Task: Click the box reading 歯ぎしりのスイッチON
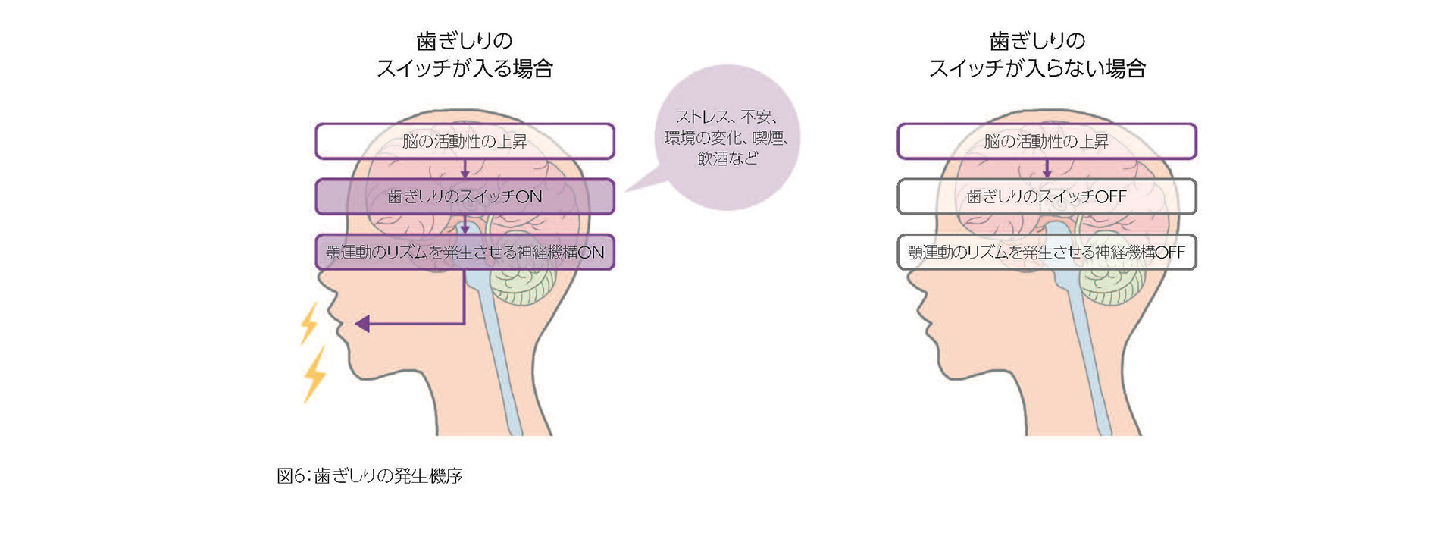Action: pos(465,196)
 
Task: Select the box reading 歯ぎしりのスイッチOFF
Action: pos(1047,196)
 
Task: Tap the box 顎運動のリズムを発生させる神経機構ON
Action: pos(465,252)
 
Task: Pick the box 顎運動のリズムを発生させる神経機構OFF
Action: pos(1047,252)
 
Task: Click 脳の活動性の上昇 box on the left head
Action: pos(465,141)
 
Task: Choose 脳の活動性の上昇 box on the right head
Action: pos(1047,141)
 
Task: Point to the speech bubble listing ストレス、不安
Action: pos(727,137)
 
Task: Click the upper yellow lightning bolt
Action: pos(309,322)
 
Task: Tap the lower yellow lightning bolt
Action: pos(314,374)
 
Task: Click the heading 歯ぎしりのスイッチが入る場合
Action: pos(465,55)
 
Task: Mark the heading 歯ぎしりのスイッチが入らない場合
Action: pos(1037,55)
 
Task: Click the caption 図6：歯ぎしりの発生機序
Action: pos(370,476)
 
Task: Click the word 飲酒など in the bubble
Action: pos(727,158)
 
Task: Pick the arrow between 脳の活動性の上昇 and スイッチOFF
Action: pos(1047,169)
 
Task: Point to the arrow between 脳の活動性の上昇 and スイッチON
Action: pos(465,169)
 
